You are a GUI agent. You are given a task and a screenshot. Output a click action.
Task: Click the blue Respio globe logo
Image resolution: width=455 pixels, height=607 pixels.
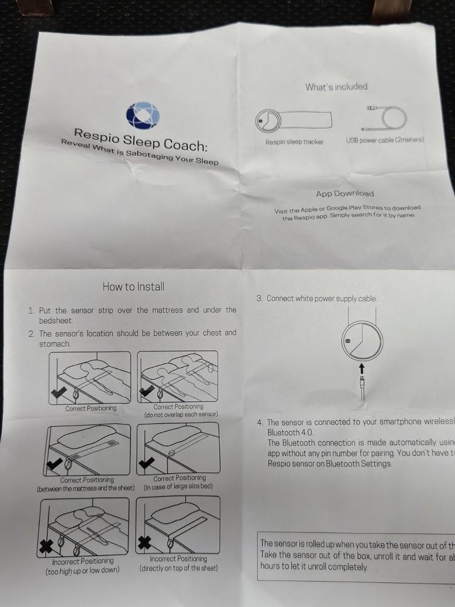click(x=143, y=116)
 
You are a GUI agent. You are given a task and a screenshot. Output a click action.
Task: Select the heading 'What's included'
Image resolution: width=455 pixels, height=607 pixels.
click(x=336, y=87)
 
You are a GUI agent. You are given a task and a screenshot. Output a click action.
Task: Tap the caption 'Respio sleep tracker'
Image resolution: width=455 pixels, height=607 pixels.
click(x=294, y=142)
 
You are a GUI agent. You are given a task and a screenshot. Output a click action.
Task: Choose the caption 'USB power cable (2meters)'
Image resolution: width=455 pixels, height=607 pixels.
click(x=384, y=140)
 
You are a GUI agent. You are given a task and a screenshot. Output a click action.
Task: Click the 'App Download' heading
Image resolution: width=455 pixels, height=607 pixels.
click(x=345, y=194)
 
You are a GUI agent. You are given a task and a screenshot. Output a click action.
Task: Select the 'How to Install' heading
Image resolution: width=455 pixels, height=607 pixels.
click(x=133, y=287)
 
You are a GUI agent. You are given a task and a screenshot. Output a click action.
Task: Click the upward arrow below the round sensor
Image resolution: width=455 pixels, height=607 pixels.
click(x=362, y=368)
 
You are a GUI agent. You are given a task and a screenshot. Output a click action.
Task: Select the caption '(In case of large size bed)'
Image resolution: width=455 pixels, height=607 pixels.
click(x=178, y=487)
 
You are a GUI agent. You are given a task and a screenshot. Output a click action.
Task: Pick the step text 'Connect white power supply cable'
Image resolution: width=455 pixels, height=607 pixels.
click(x=321, y=299)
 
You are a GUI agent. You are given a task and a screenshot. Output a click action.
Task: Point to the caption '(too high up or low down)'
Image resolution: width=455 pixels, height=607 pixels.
click(x=82, y=571)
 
